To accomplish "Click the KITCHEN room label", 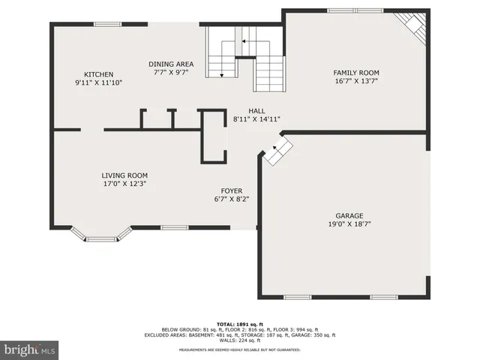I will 98,74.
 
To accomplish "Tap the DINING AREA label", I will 170,64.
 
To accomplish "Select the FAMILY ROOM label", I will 355,73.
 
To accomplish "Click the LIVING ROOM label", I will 124,175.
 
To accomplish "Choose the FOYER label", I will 231,190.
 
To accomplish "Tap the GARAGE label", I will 349,214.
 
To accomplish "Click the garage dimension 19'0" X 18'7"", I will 349,223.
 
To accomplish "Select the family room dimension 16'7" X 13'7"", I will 355,82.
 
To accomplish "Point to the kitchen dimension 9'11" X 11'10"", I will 98,82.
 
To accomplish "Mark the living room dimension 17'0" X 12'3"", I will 124,184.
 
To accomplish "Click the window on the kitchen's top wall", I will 107,24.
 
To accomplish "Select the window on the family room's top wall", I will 354,10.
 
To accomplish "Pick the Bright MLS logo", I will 29,349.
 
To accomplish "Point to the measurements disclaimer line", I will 240,349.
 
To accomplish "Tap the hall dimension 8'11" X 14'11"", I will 256,118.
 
